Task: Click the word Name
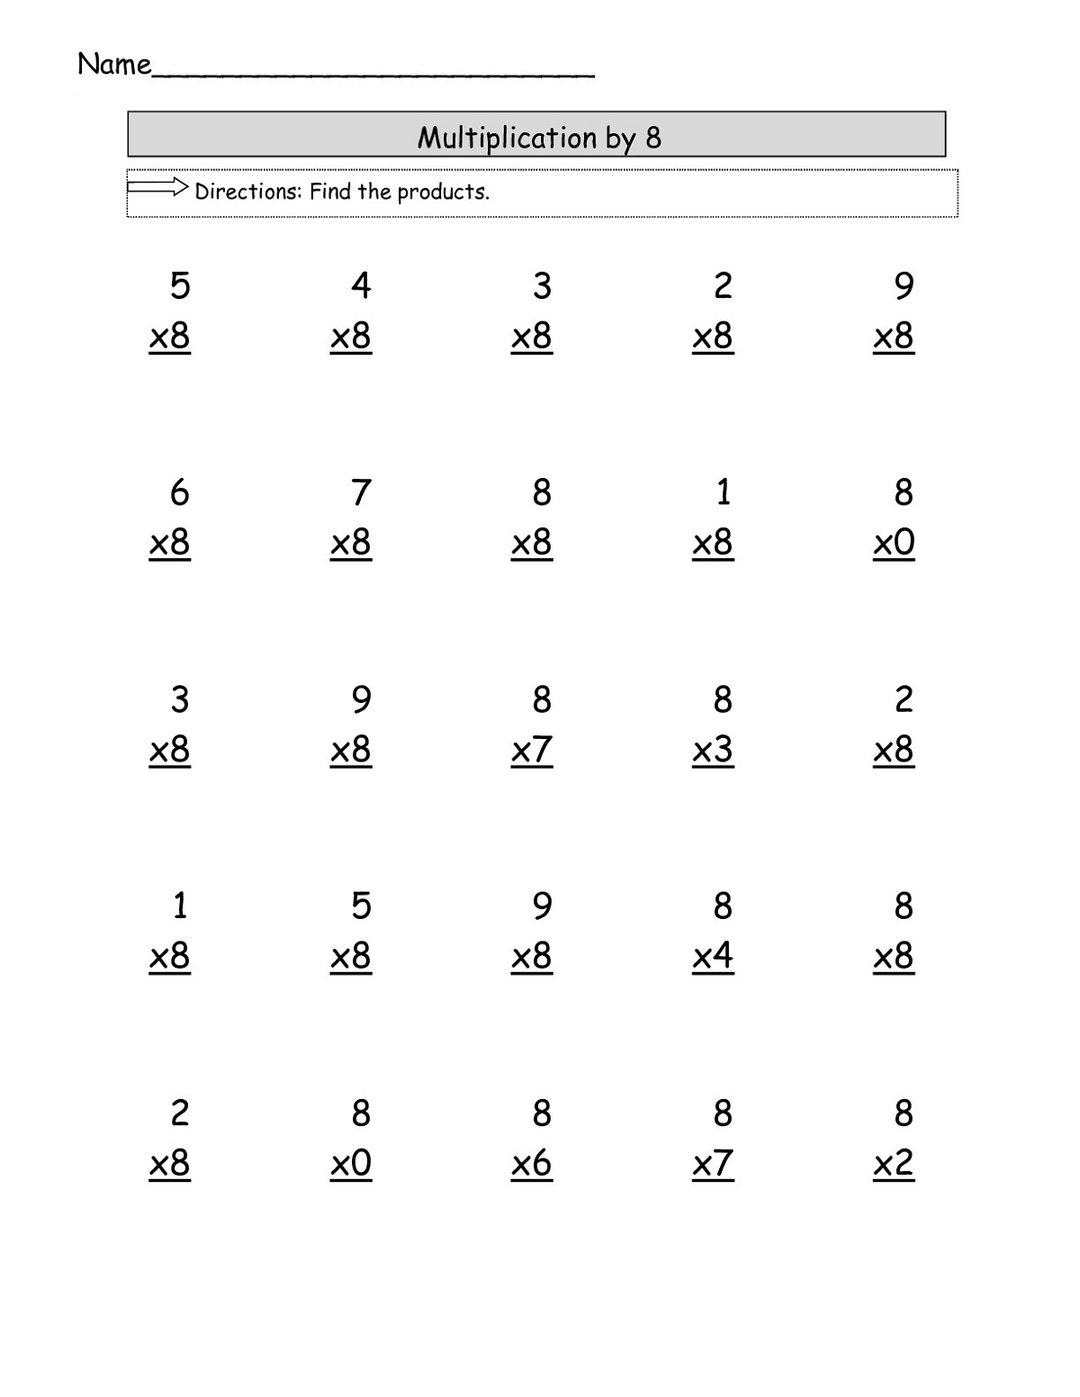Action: (113, 64)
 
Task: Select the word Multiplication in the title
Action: (507, 137)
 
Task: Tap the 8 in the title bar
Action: (653, 138)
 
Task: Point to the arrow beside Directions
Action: (157, 188)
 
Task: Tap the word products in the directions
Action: (443, 193)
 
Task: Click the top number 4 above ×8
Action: (361, 285)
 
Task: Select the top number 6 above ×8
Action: (180, 492)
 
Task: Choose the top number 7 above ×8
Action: (361, 492)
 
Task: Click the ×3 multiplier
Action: (713, 750)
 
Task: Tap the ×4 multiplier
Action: (713, 956)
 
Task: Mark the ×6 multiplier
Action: (531, 1164)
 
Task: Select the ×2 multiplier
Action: (894, 1164)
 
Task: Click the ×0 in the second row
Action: (894, 543)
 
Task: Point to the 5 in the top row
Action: (180, 285)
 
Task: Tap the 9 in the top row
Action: (904, 285)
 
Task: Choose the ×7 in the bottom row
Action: (713, 1164)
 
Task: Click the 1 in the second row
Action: (723, 492)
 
